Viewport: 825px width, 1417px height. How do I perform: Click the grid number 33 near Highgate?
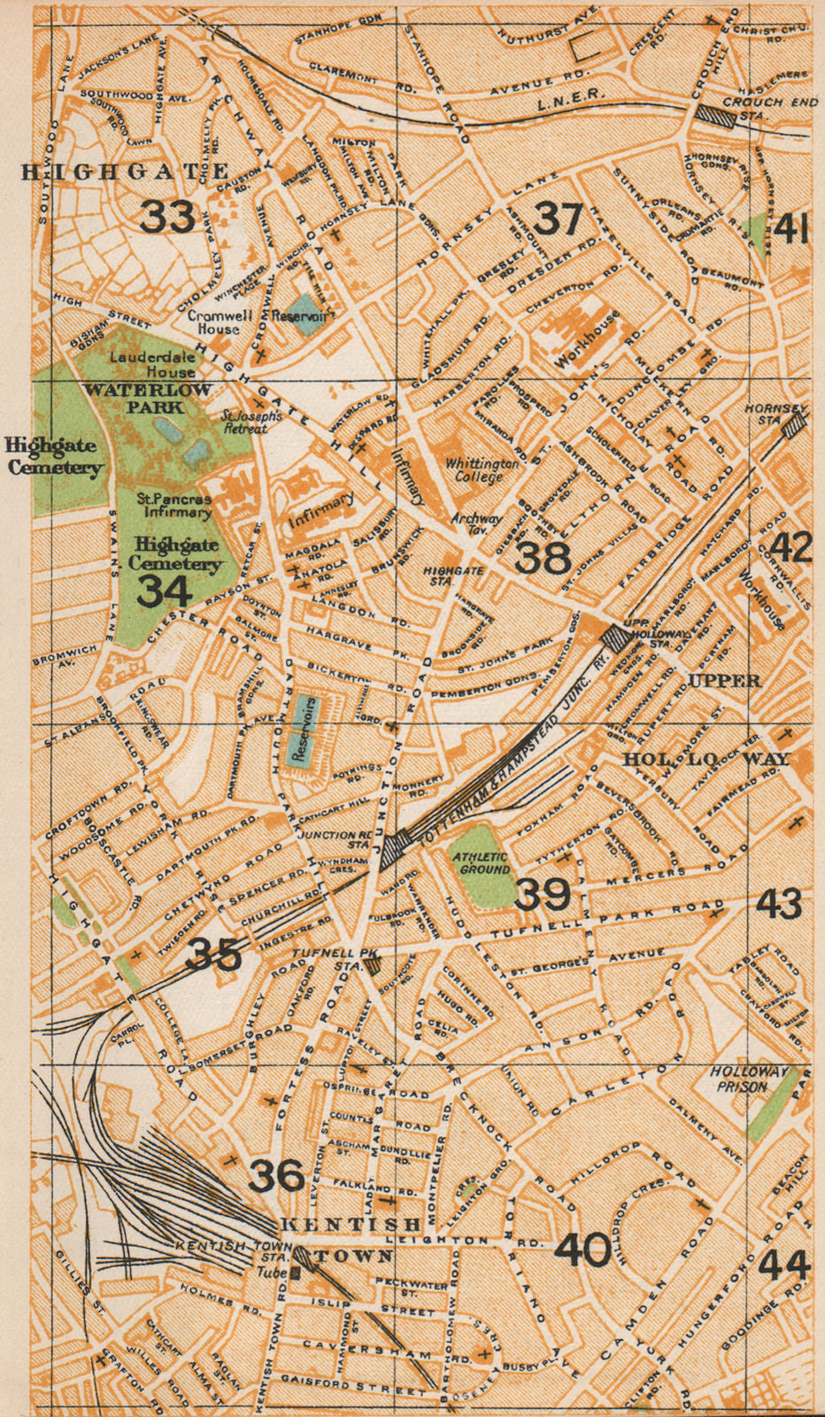click(x=167, y=216)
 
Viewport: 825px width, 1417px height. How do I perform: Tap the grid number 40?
click(x=582, y=1250)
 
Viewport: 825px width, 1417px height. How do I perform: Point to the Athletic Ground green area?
click(x=481, y=863)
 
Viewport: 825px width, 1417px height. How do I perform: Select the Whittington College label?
click(x=482, y=469)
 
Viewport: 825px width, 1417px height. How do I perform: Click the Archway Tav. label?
click(x=475, y=524)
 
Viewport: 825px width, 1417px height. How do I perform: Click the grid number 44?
click(x=783, y=1265)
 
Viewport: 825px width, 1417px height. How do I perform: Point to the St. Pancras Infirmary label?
click(x=174, y=506)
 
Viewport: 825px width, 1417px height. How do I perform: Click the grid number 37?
click(x=558, y=219)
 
